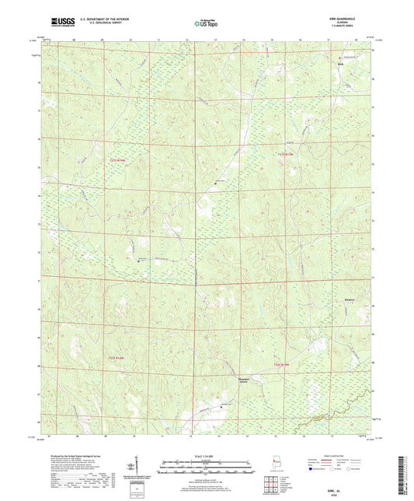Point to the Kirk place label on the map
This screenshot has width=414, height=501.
coord(339,63)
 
